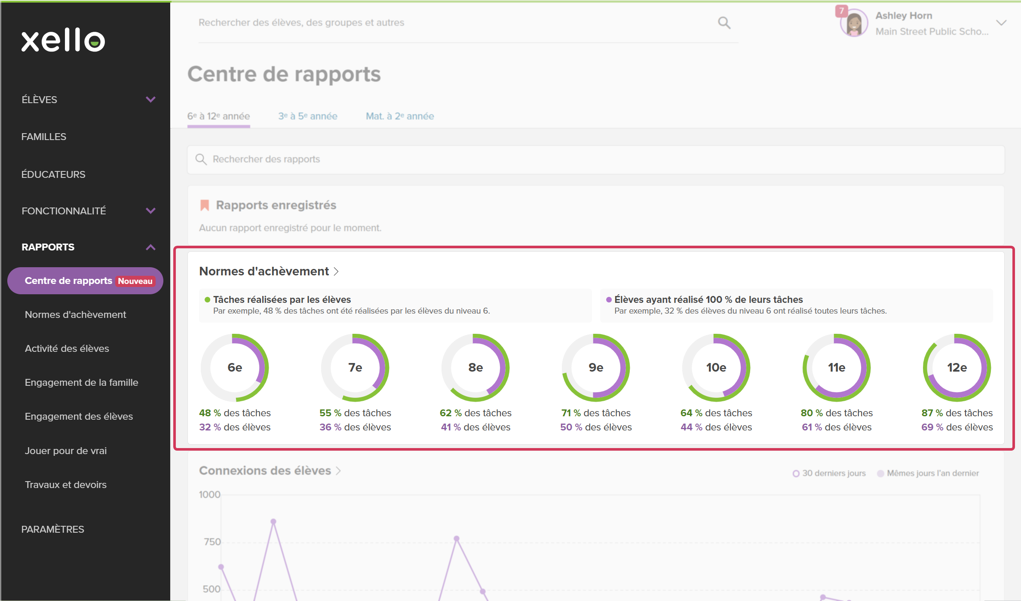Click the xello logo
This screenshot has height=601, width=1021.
pos(63,40)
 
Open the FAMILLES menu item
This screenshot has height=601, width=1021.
pos(44,137)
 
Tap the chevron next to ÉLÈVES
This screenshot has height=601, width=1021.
pos(150,100)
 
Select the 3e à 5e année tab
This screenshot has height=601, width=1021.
pos(308,116)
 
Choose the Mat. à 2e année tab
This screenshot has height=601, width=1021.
pos(400,116)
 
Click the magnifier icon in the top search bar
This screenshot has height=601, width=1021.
pos(724,23)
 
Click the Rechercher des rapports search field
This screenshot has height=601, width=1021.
pos(596,159)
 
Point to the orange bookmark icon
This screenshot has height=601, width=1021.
pos(205,205)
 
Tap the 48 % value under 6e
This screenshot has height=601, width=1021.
pos(210,413)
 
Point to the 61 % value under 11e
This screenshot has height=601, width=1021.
pos(812,427)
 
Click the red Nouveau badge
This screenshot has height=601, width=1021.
pos(135,281)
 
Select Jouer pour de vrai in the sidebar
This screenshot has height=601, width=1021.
pos(66,451)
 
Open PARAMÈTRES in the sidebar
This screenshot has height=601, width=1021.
pos(53,529)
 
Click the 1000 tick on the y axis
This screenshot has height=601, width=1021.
pos(210,494)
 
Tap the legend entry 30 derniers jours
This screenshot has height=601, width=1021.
pos(829,473)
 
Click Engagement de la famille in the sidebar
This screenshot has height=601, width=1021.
pos(82,382)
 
